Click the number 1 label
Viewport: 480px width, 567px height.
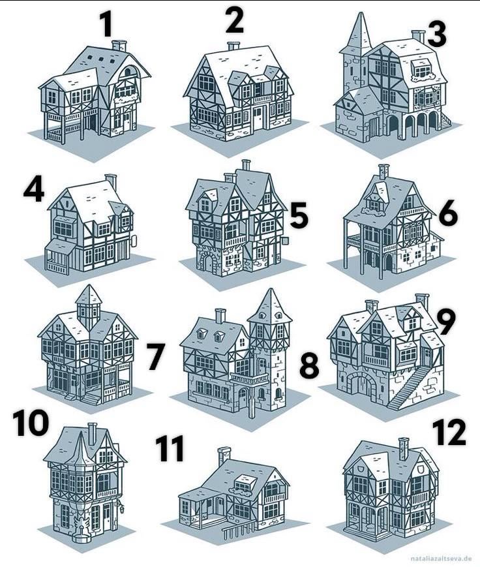pyautogui.click(x=106, y=25)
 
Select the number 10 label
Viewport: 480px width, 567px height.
pyautogui.click(x=31, y=422)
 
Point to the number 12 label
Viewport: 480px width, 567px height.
pyautogui.click(x=449, y=432)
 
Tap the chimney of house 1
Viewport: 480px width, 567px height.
pyautogui.click(x=119, y=46)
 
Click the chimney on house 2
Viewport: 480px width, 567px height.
pyautogui.click(x=233, y=46)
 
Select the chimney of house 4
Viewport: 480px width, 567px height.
pyautogui.click(x=112, y=180)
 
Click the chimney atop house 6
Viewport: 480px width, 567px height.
pyautogui.click(x=383, y=171)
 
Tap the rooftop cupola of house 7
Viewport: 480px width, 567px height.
pyautogui.click(x=89, y=306)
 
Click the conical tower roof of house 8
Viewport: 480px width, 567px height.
pyautogui.click(x=269, y=308)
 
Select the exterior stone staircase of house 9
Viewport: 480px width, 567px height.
pyautogui.click(x=410, y=387)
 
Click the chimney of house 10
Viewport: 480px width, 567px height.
pyautogui.click(x=92, y=433)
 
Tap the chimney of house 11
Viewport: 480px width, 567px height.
pyautogui.click(x=224, y=455)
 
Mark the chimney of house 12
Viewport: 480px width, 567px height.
pyautogui.click(x=404, y=448)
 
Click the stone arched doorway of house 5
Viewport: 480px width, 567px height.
pyautogui.click(x=208, y=263)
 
